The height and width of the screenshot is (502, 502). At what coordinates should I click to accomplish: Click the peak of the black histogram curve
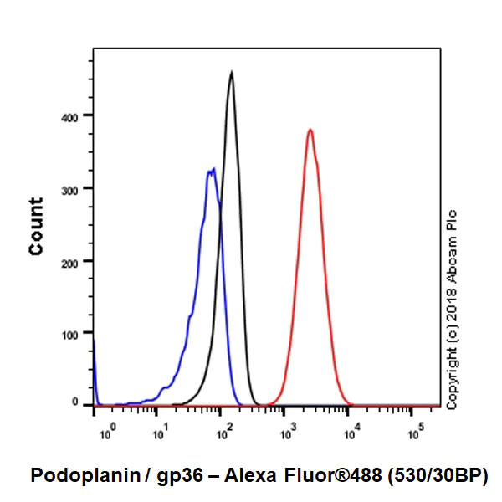pos(231,73)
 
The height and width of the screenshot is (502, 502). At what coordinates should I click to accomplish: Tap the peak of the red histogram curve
pos(310,131)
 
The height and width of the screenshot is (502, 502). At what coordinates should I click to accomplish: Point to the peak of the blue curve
pos(212,171)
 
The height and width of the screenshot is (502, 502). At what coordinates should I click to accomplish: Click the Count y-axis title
pos(36,226)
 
